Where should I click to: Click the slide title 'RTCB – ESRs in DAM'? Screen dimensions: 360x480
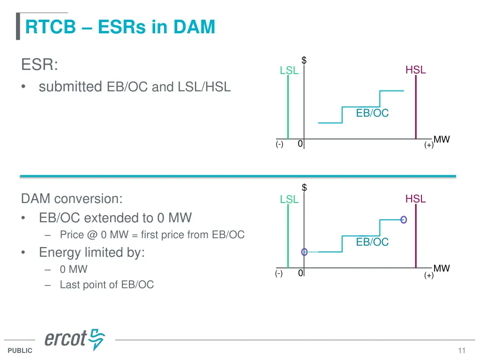(120, 27)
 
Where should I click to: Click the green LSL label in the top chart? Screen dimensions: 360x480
(289, 71)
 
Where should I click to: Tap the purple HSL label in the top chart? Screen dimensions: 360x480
(415, 70)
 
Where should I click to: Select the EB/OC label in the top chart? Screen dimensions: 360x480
(372, 113)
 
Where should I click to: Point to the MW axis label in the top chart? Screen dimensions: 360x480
(442, 139)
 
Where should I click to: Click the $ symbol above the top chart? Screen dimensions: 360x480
(304, 60)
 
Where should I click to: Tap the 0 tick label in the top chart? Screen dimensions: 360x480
(300, 144)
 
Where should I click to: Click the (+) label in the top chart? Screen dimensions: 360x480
(429, 145)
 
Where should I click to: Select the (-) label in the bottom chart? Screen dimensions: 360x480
(279, 274)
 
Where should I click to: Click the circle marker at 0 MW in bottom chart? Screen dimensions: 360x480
(304, 252)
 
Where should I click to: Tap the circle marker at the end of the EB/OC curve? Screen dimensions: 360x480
(403, 219)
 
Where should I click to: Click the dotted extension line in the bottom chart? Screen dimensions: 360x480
(313, 252)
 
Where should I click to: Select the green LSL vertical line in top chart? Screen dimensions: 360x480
(288, 108)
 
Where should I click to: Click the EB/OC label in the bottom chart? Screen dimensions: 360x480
(372, 242)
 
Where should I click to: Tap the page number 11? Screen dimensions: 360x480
(462, 351)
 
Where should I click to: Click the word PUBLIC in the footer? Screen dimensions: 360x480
(20, 351)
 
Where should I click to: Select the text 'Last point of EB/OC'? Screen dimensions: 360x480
(106, 285)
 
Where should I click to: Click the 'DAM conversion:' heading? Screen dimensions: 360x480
(72, 199)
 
